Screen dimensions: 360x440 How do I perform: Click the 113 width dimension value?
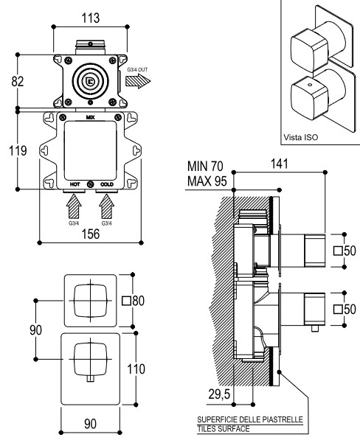click(91, 18)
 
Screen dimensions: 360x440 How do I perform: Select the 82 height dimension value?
click(18, 81)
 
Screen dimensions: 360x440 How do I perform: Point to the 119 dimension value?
click(18, 150)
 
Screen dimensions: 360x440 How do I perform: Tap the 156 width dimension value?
click(91, 234)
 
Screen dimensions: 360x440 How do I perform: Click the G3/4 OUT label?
click(137, 69)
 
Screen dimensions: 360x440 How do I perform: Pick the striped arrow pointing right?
click(138, 81)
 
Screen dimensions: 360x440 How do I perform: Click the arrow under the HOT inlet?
click(74, 206)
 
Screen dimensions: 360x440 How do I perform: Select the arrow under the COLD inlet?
click(107, 206)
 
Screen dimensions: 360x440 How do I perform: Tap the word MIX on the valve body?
click(90, 117)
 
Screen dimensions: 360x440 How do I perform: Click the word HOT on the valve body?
click(75, 184)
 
